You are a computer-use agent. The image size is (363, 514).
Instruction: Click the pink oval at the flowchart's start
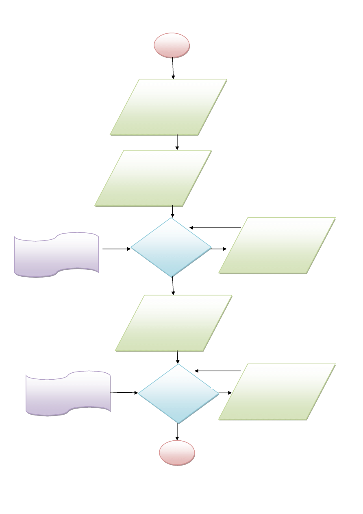click(172, 45)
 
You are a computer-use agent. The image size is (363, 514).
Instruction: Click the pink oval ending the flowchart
click(177, 453)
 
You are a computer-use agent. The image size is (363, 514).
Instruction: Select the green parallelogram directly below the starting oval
click(168, 107)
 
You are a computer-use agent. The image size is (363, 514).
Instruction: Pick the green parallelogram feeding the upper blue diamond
click(153, 178)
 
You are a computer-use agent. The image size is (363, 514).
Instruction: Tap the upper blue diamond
click(171, 247)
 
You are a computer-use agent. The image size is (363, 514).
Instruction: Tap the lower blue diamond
click(178, 393)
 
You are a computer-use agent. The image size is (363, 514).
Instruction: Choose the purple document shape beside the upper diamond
click(57, 255)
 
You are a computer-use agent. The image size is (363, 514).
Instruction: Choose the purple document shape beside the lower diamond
click(68, 393)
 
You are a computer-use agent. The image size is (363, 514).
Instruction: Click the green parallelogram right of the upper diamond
click(277, 245)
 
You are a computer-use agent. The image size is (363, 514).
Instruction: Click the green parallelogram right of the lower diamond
click(277, 392)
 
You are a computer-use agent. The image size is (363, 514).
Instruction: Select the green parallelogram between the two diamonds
click(174, 323)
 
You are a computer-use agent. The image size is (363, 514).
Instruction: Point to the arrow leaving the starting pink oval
click(173, 68)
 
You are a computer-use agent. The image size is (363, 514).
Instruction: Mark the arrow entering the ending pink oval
click(177, 432)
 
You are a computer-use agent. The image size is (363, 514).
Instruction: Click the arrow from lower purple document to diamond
click(124, 393)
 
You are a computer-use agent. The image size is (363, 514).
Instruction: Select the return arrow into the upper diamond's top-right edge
click(215, 228)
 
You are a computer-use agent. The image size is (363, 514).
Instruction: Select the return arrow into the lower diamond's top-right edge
click(218, 371)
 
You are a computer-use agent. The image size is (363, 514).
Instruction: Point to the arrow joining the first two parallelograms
click(177, 142)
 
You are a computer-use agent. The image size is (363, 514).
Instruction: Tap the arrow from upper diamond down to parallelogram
click(173, 286)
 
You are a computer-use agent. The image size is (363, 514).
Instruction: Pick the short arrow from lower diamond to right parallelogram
click(225, 393)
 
